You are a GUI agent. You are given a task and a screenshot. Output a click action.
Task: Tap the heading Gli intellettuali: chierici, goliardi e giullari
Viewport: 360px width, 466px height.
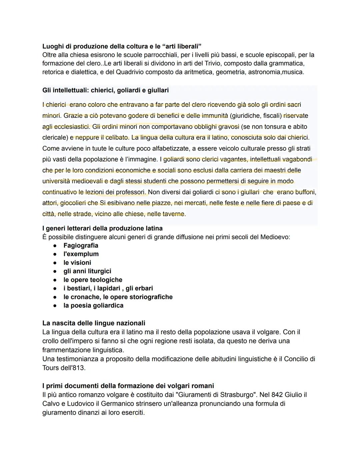[105, 90]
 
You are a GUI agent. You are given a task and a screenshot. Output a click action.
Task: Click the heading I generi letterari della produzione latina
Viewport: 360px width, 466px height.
[102, 228]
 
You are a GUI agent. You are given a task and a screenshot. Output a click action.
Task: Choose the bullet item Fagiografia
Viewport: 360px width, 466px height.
[81, 246]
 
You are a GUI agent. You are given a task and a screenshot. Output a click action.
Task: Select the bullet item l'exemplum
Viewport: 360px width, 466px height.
[81, 254]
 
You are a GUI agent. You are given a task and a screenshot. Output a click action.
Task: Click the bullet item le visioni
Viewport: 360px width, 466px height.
[77, 263]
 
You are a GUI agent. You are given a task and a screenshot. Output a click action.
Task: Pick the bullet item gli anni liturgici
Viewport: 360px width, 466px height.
[87, 271]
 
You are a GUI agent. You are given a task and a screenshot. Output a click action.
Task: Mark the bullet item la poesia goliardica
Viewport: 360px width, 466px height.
[93, 306]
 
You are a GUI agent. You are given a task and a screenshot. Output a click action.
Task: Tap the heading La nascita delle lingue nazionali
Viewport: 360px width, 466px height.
[94, 323]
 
